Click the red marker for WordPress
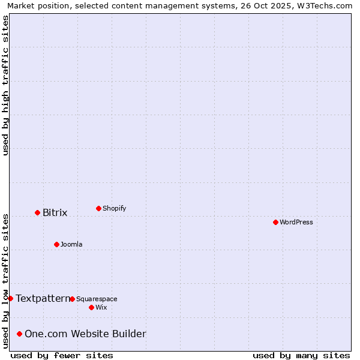[275, 222]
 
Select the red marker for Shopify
[98, 208]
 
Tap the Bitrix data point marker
[37, 212]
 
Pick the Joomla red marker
[56, 244]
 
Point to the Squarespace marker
[72, 299]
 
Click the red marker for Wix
[91, 307]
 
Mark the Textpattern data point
[10, 298]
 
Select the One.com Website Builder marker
[20, 334]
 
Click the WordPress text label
[296, 222]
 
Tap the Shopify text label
[115, 208]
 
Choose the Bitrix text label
[55, 212]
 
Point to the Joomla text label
[71, 244]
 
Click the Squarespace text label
[97, 299]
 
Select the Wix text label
[101, 307]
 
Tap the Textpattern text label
[43, 298]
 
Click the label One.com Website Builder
[85, 334]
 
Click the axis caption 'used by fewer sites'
[62, 355]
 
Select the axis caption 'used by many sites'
[301, 355]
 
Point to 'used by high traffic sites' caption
[5, 85]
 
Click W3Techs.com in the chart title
[326, 5]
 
